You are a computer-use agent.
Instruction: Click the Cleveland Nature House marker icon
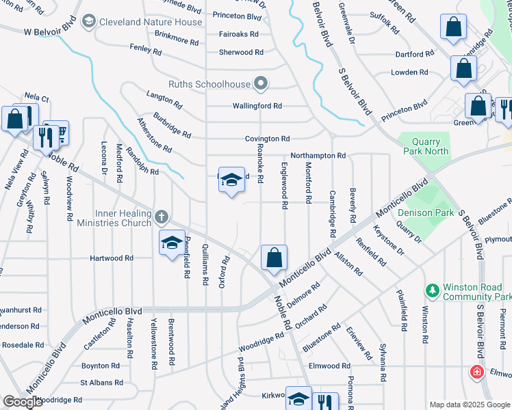tap(88, 22)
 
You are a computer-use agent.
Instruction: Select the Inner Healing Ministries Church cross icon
tap(161, 218)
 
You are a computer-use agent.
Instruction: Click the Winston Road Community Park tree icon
tap(432, 291)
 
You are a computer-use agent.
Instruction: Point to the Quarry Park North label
tap(426, 146)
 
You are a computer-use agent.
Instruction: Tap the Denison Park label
tap(425, 213)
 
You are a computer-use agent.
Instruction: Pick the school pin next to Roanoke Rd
tap(231, 180)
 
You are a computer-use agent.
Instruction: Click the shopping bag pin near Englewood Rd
tap(274, 258)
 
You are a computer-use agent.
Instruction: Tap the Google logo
tap(23, 402)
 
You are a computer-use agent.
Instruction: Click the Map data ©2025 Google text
tap(470, 405)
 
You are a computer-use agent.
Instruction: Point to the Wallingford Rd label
tap(257, 106)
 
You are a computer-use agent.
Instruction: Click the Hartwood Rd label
tap(112, 258)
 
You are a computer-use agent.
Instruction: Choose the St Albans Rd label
tap(101, 383)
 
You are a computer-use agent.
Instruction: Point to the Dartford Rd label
tap(413, 54)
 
